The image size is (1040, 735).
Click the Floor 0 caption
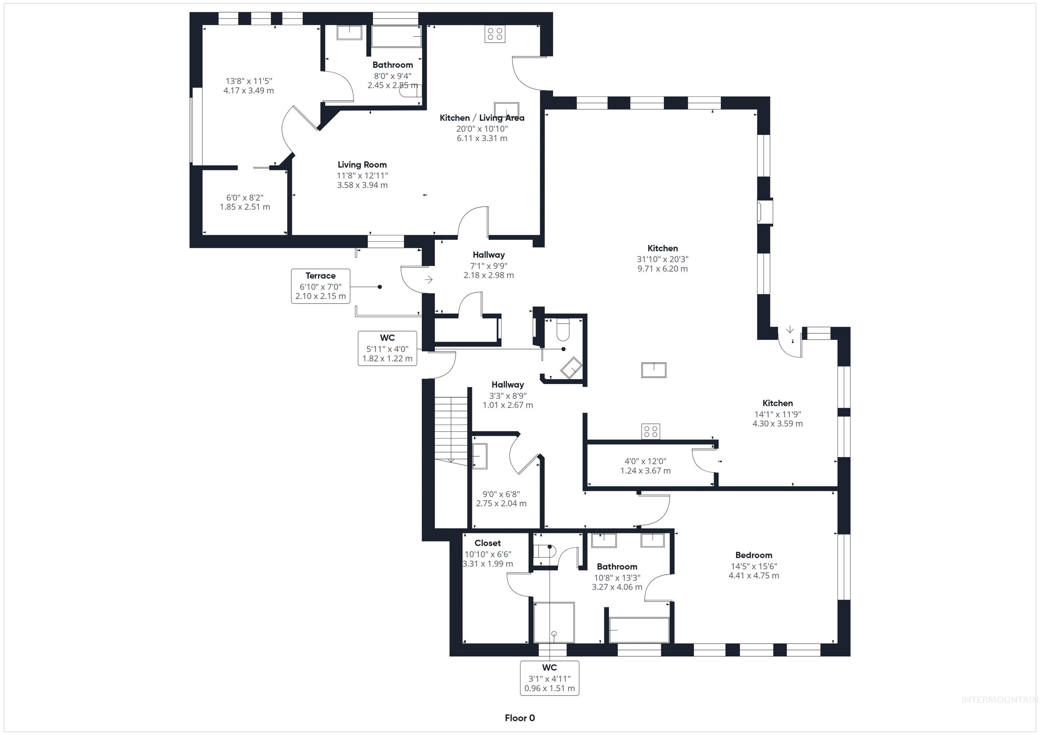pos(520,718)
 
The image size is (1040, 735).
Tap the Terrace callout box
pos(320,286)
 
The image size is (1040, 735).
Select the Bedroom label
pos(753,555)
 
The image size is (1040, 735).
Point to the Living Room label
pos(362,165)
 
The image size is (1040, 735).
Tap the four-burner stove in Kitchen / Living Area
pos(495,34)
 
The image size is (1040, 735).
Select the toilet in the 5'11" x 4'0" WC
pos(563,329)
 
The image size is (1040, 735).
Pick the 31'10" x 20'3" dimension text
pos(662,259)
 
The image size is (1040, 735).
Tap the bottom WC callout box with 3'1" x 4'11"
pos(549,678)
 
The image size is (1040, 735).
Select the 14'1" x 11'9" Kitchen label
pos(777,403)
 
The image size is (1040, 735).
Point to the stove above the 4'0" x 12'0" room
pos(650,431)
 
